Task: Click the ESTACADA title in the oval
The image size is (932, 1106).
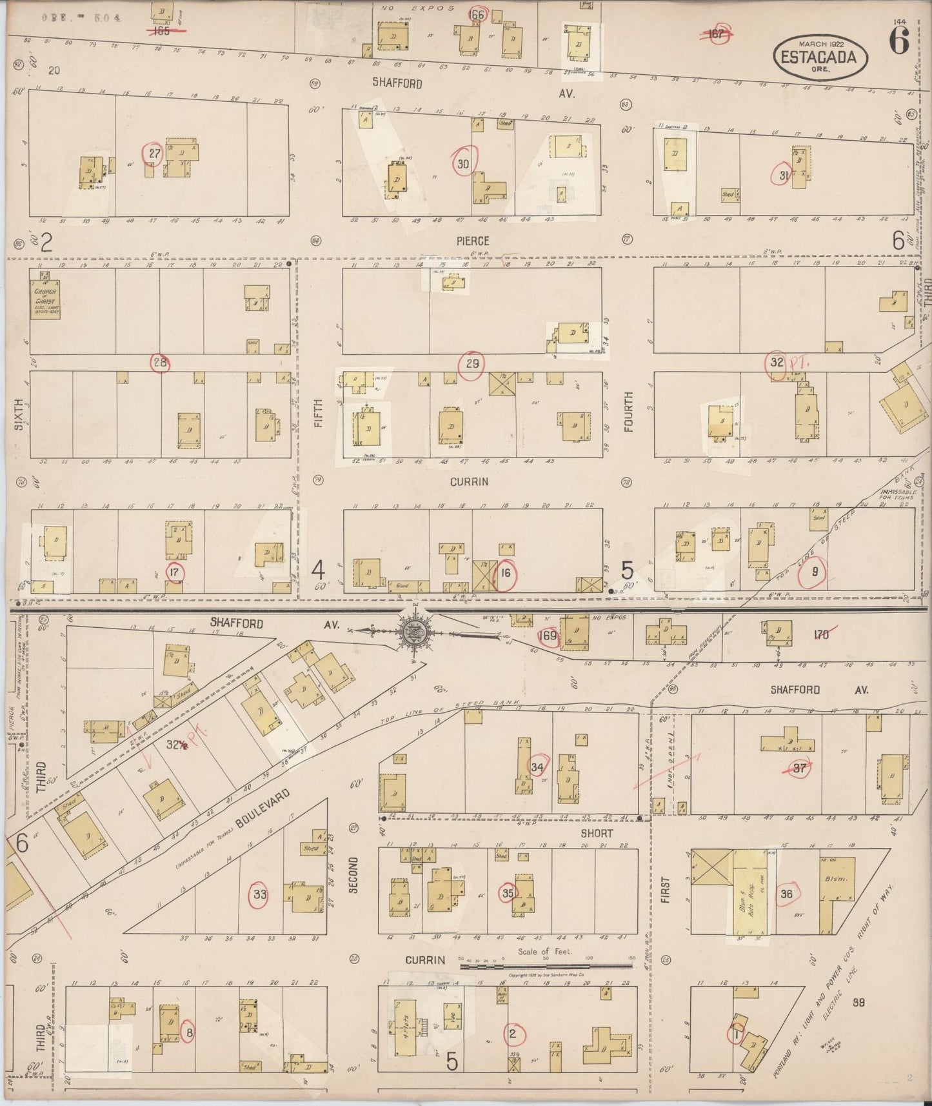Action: (818, 57)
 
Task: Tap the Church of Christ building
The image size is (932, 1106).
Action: (45, 297)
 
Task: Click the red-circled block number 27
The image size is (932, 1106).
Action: (154, 154)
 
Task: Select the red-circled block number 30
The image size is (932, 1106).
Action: (462, 164)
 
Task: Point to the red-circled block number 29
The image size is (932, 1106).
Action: (472, 364)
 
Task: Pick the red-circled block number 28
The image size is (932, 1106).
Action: (160, 363)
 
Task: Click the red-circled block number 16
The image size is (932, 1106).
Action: (505, 572)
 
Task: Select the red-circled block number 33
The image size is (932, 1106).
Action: (260, 894)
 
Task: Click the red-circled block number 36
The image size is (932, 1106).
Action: (786, 894)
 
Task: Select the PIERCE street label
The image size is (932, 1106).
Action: (473, 240)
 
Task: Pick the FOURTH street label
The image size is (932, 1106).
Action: (628, 412)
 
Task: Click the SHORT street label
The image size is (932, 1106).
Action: (597, 833)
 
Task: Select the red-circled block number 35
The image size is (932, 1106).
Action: (508, 893)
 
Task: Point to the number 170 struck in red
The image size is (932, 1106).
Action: (821, 635)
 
